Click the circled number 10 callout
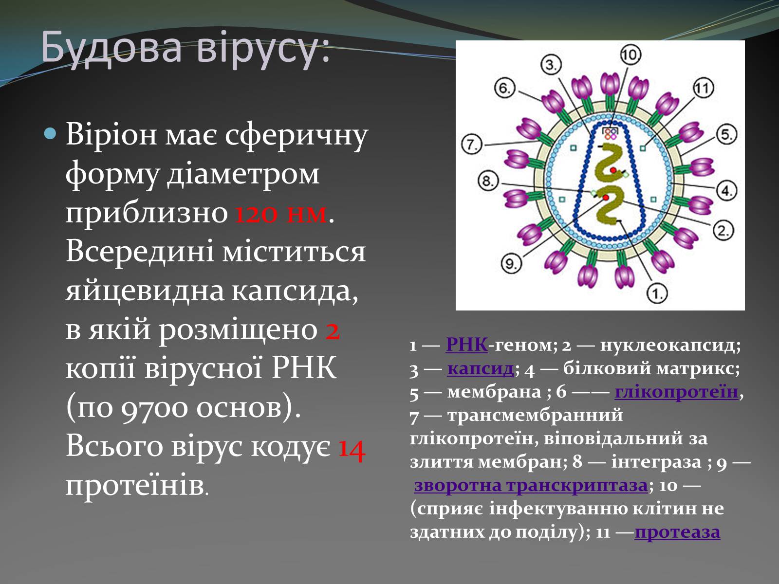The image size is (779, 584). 631,55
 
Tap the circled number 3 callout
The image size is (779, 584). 551,65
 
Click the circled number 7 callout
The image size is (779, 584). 471,145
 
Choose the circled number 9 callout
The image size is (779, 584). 511,264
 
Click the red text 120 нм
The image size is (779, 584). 281,214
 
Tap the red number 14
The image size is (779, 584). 352,449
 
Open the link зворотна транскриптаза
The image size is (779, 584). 531,485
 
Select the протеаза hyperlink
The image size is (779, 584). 678,532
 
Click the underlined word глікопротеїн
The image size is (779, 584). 676,392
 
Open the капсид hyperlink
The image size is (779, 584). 481,369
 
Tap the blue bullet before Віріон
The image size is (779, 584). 51,134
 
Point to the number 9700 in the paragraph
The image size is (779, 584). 154,408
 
